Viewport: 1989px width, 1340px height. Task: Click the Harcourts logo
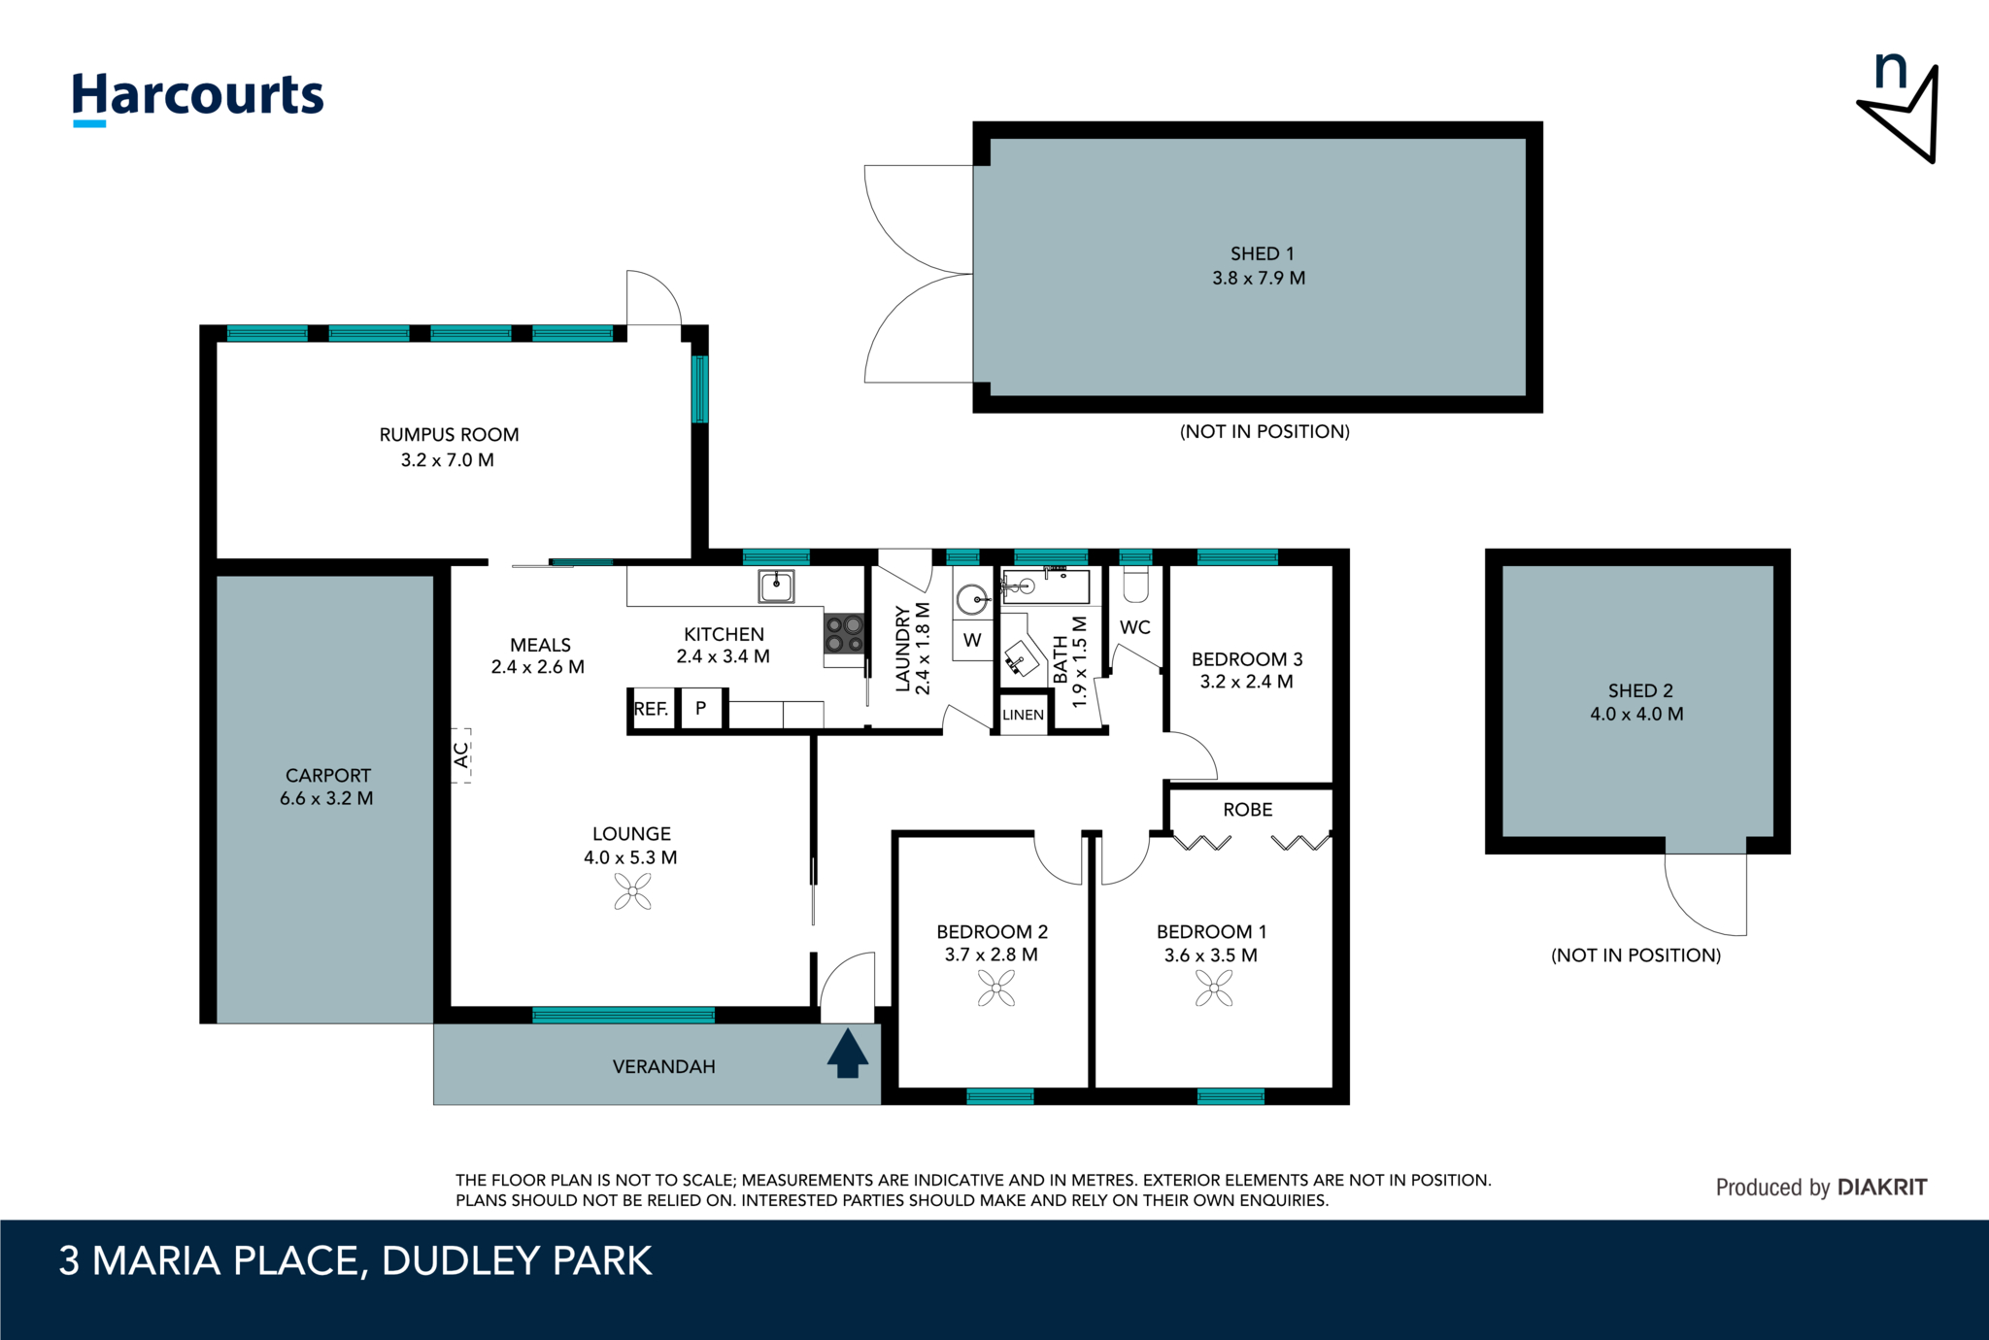pos(198,97)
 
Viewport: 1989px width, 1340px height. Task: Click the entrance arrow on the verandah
pos(847,1054)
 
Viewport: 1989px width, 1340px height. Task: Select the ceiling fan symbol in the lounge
pos(632,891)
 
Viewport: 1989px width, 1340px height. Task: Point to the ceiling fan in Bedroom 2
pos(996,988)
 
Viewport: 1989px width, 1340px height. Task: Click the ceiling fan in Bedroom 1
pos(1214,988)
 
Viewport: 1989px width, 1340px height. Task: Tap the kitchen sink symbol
pos(776,586)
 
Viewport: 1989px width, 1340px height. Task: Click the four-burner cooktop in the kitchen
pos(844,634)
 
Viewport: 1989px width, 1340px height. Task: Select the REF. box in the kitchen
pos(652,709)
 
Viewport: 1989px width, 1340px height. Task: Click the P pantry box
pos(701,709)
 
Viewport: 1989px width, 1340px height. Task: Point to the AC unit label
pos(462,754)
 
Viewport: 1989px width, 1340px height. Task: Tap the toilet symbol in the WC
pos(1135,586)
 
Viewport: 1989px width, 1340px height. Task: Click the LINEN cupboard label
pos(1023,716)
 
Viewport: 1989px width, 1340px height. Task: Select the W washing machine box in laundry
pos(972,640)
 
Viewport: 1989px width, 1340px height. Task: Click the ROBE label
pos(1247,810)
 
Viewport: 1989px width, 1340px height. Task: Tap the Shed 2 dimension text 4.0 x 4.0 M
pos(1636,714)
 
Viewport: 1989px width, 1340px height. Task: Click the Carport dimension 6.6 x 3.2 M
pos(326,798)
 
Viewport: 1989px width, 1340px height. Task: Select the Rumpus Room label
pos(449,435)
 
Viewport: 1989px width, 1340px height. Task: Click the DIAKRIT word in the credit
pos(1882,1187)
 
